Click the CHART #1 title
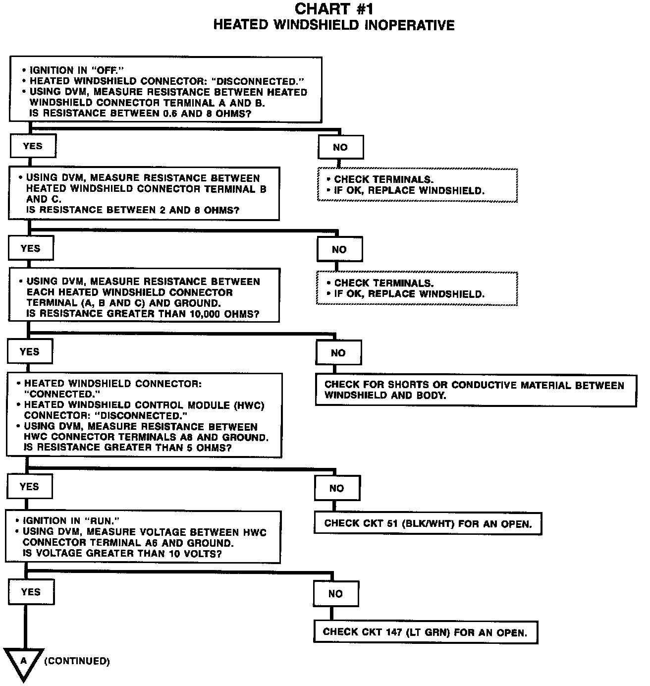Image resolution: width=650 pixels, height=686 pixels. click(333, 8)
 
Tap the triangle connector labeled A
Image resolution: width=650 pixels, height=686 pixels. click(23, 663)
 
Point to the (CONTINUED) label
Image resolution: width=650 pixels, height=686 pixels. click(77, 661)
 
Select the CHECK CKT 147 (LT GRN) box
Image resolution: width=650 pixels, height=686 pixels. click(425, 632)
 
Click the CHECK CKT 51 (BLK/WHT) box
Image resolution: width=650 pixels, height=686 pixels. click(428, 523)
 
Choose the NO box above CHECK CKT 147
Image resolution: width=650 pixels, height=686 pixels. click(335, 593)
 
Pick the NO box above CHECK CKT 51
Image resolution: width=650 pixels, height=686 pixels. click(336, 488)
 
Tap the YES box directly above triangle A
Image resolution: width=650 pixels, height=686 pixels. click(31, 592)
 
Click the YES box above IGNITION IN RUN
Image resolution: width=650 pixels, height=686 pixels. click(29, 487)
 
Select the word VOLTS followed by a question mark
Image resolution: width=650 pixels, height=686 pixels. click(198, 554)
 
